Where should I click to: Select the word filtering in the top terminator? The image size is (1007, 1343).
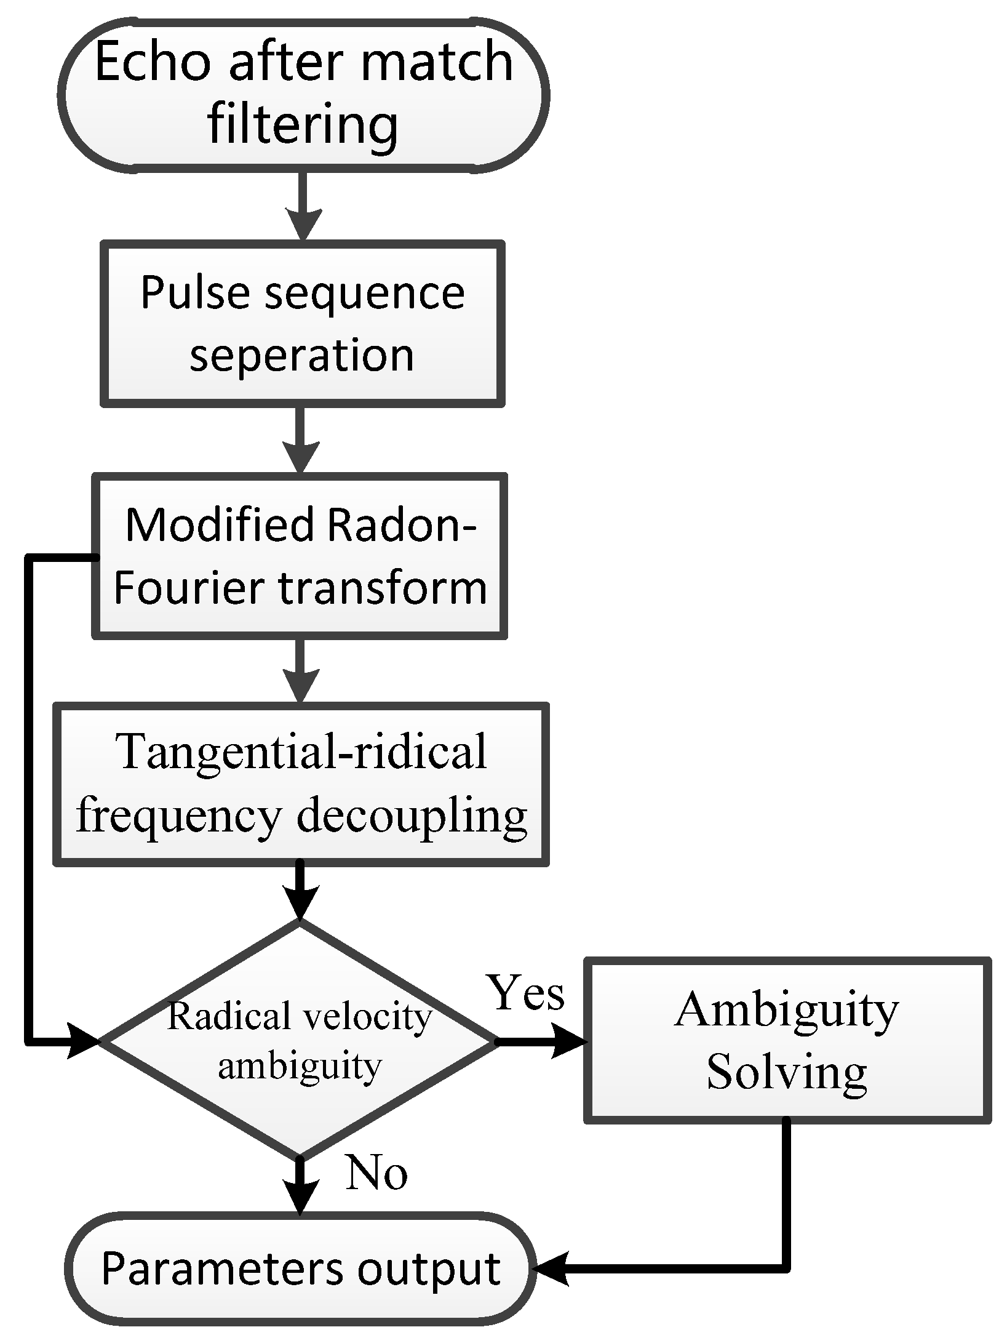[x=303, y=126]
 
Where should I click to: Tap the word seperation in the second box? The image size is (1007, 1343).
[x=301, y=355]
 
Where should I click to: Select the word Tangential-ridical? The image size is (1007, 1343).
[x=303, y=752]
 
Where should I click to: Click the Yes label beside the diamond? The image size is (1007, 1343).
[x=526, y=993]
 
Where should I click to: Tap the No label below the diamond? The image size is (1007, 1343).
[x=376, y=1173]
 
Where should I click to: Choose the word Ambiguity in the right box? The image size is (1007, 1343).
[x=787, y=1010]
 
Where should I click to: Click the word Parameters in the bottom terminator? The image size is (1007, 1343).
[x=221, y=1269]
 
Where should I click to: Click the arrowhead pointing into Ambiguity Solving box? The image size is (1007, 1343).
[x=569, y=1041]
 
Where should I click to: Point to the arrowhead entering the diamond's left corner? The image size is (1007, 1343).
[x=83, y=1041]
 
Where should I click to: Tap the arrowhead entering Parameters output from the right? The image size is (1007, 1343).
[x=551, y=1269]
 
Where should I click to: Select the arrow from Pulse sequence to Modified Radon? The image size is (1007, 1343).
[x=300, y=439]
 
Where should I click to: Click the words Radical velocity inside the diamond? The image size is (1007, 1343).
[x=300, y=1016]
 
